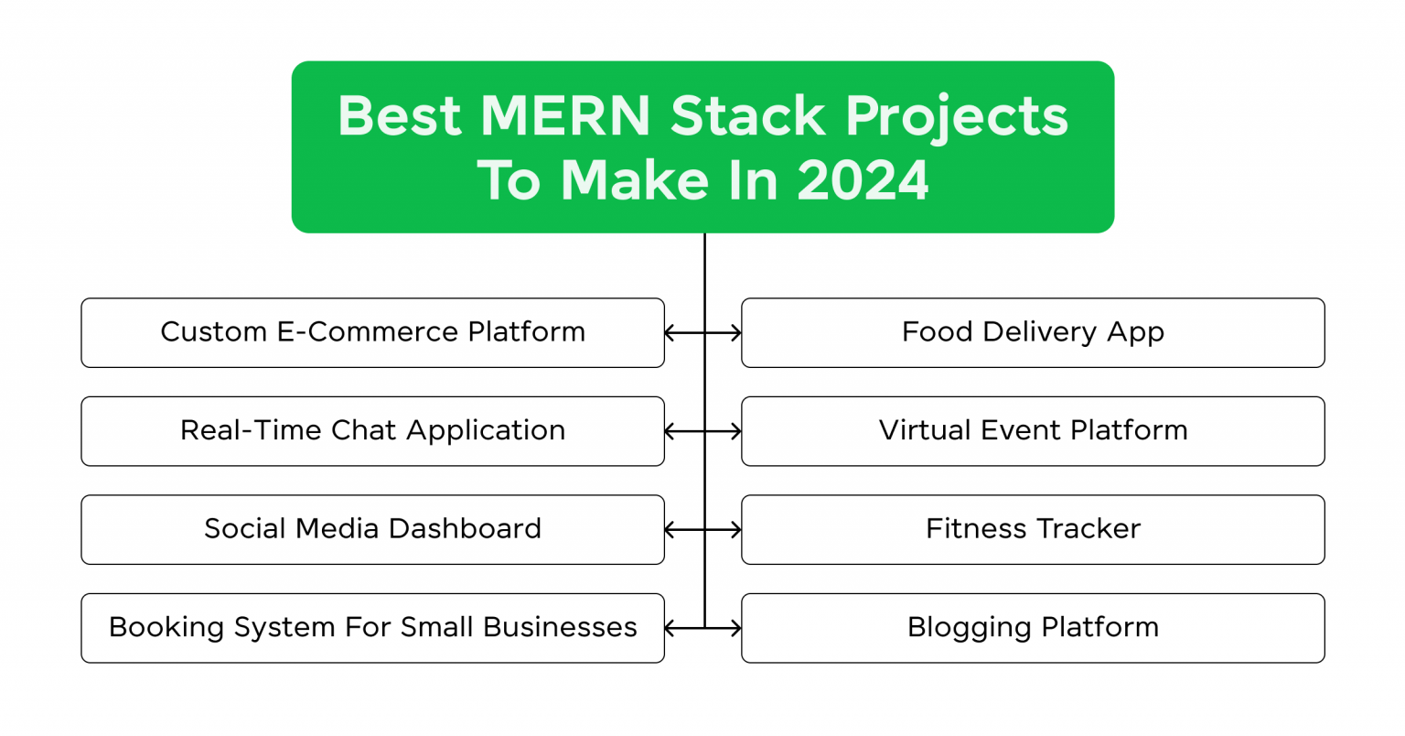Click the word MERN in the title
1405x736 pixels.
[x=565, y=116]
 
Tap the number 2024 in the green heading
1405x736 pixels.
[x=863, y=180]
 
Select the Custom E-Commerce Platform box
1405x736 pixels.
[x=372, y=332]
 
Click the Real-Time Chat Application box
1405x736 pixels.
[x=372, y=431]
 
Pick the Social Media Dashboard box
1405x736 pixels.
[x=372, y=529]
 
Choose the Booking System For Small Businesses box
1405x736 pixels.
[x=372, y=628]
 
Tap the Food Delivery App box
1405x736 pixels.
[x=1033, y=332]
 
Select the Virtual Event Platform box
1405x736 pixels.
[x=1033, y=431]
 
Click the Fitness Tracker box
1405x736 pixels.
[x=1033, y=529]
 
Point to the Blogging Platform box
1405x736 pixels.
[x=1033, y=628]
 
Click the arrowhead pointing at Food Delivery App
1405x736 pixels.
[x=735, y=333]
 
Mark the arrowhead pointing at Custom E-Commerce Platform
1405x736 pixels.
[x=670, y=333]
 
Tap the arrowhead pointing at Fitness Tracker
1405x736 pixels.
[x=735, y=530]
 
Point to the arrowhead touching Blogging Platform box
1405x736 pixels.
[x=735, y=629]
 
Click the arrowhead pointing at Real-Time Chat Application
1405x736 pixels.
[x=670, y=431]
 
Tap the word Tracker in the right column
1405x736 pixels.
[x=1089, y=529]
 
